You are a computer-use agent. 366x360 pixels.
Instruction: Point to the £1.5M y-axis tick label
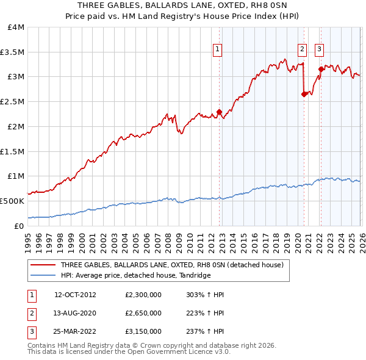coord(12,151)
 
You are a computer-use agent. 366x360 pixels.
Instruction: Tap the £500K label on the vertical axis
coord(12,201)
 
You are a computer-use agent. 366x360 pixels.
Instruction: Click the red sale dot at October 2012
coord(219,112)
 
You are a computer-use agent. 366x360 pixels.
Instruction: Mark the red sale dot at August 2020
coord(304,94)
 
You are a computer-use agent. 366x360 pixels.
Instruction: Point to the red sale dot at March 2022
coord(321,70)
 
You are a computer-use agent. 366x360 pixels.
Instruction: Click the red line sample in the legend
coord(43,265)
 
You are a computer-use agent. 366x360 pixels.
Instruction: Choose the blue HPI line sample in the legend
coord(43,276)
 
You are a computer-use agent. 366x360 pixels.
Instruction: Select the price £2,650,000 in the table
coord(142,313)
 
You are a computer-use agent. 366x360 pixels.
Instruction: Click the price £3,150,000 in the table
coord(142,332)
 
